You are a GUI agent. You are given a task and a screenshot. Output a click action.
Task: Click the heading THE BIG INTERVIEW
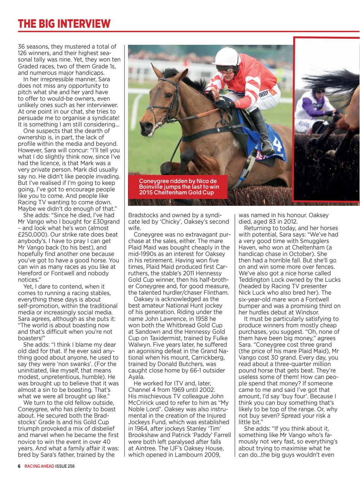[64, 24]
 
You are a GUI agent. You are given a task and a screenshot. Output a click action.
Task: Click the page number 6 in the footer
[19, 467]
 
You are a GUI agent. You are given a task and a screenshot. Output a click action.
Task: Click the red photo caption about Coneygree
[177, 186]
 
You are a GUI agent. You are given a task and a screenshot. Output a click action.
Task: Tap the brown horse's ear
[155, 71]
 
